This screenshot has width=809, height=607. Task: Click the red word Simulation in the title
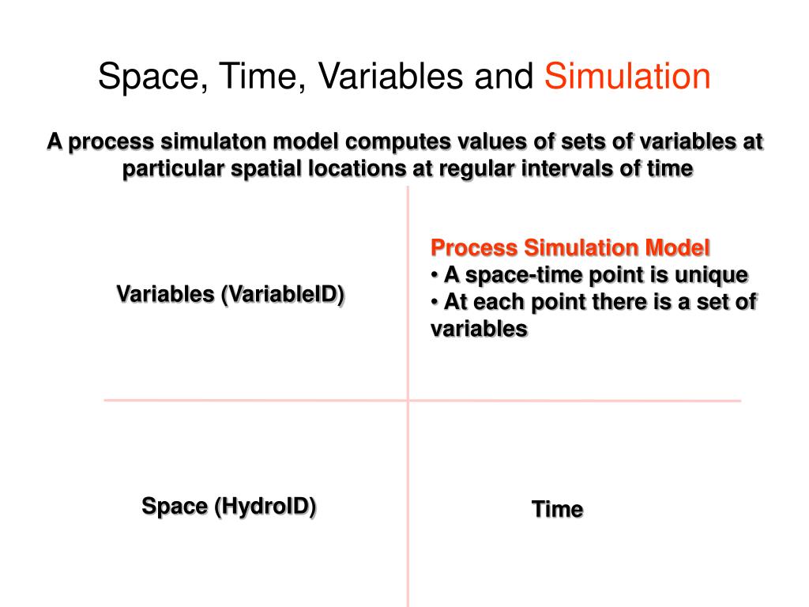pyautogui.click(x=628, y=77)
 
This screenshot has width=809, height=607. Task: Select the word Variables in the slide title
pyautogui.click(x=390, y=77)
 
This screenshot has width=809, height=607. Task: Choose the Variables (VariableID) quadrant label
pyautogui.click(x=231, y=295)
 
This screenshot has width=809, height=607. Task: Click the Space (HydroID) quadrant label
pyautogui.click(x=229, y=506)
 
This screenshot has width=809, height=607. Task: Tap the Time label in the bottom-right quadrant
pyautogui.click(x=557, y=510)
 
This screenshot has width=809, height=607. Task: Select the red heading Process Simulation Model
pyautogui.click(x=570, y=248)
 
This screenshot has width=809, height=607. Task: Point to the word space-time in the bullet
pyautogui.click(x=514, y=275)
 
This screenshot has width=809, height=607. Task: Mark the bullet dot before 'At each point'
pyautogui.click(x=435, y=302)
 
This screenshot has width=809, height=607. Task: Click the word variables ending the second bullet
pyautogui.click(x=479, y=329)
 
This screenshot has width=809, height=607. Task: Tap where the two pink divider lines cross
pyautogui.click(x=408, y=401)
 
